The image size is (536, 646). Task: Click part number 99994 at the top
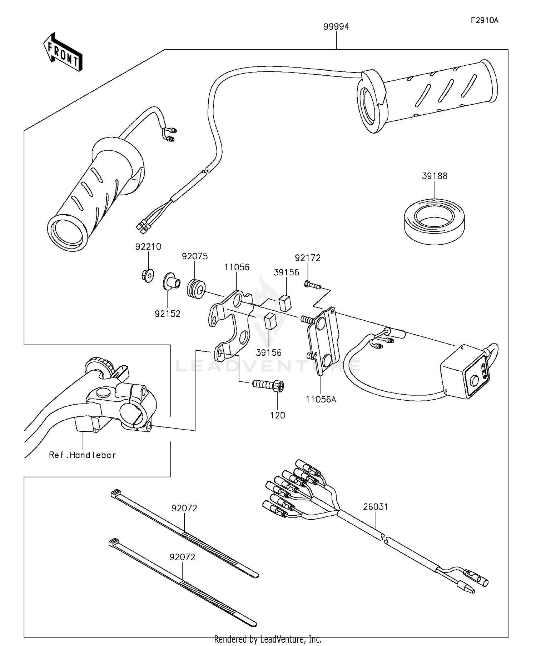tap(336, 27)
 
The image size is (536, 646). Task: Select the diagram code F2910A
tap(484, 20)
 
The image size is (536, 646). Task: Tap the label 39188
tap(435, 176)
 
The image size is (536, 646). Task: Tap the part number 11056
tap(237, 267)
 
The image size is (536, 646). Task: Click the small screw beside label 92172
tap(313, 285)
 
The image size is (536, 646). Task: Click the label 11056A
tap(321, 399)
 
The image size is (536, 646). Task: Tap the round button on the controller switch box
tap(474, 381)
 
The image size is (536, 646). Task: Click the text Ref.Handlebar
tap(83, 455)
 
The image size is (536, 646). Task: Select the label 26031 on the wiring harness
tap(376, 507)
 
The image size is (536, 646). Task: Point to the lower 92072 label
tap(182, 557)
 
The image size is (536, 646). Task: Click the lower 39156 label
tap(268, 352)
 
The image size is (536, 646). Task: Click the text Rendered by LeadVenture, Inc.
tap(268, 639)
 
